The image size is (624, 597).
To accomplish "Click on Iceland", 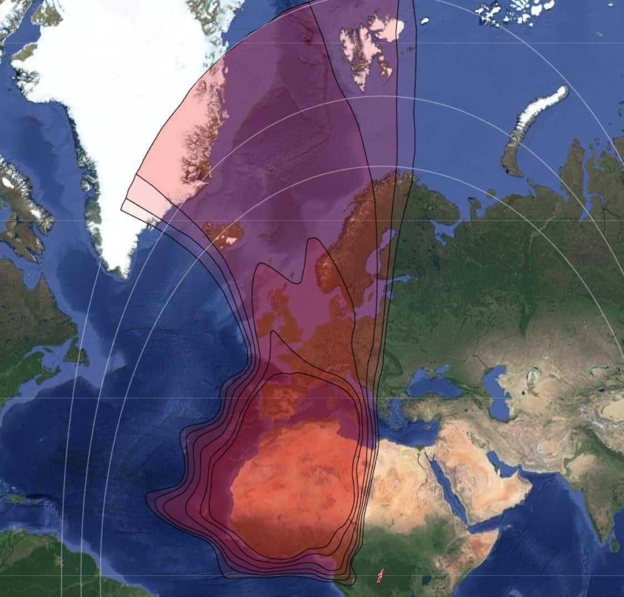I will [224, 234].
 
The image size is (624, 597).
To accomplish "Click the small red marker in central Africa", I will [380, 576].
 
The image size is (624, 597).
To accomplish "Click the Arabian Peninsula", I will [488, 488].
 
